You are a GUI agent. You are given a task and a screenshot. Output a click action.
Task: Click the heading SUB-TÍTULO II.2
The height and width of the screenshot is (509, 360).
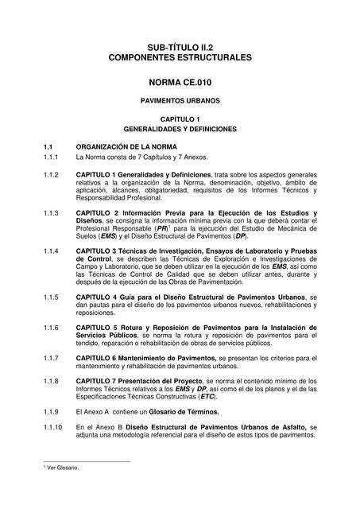[180, 47]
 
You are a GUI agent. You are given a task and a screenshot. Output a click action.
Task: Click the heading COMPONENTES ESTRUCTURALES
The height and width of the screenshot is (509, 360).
[180, 58]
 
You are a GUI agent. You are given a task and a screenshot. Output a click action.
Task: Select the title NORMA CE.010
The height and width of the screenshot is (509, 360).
[180, 82]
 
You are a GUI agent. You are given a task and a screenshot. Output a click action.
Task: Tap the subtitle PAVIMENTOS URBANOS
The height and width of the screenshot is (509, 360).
[180, 102]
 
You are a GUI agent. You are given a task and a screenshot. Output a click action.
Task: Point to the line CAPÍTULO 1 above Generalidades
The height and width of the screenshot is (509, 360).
[180, 118]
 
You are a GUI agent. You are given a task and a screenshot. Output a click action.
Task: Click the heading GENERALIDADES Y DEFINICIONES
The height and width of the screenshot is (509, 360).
[180, 128]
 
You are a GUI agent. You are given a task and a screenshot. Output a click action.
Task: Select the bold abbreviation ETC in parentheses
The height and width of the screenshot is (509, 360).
[207, 397]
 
